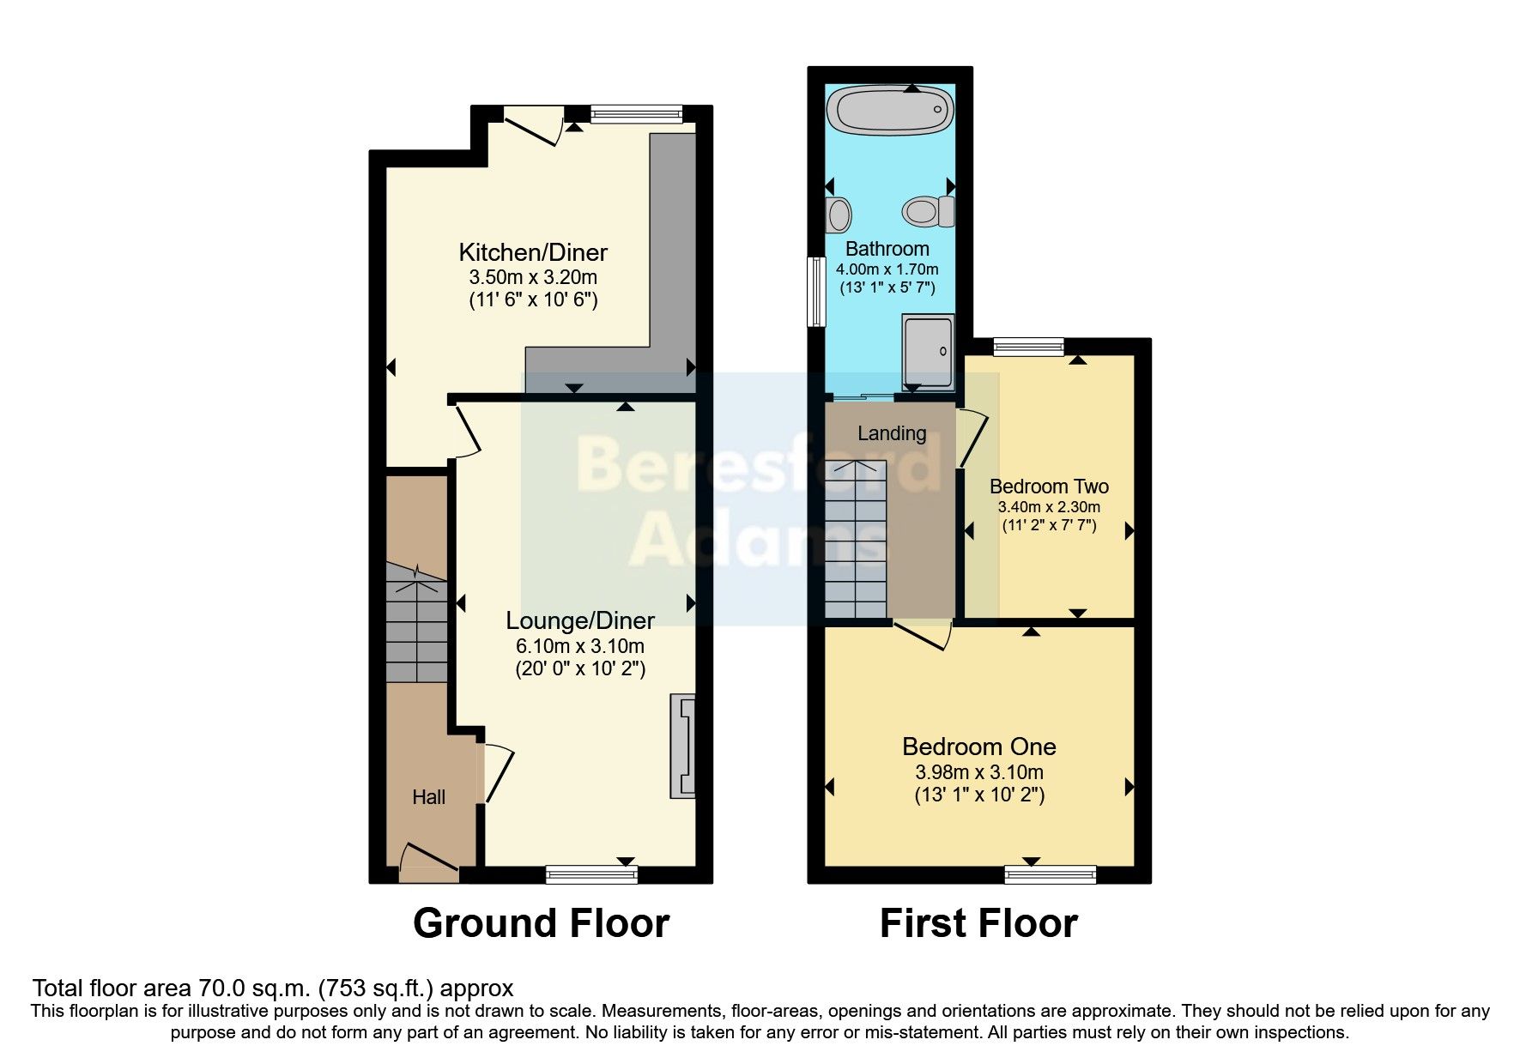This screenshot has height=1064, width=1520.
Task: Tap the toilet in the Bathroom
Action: (x=928, y=211)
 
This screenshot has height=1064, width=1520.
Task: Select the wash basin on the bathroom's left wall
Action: (x=839, y=215)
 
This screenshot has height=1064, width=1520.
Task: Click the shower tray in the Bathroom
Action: (x=928, y=350)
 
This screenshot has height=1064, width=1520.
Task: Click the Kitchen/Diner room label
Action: (x=533, y=252)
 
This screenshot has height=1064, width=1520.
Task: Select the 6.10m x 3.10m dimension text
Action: (x=580, y=646)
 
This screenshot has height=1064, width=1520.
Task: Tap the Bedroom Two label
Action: (x=1049, y=487)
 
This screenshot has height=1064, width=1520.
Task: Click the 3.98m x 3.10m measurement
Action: (x=979, y=771)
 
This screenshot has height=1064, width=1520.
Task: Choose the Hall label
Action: (x=428, y=797)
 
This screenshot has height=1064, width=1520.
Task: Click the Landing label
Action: (x=892, y=433)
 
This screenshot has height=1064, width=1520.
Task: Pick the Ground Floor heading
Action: (x=541, y=923)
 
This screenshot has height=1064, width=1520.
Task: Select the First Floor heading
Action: (x=978, y=923)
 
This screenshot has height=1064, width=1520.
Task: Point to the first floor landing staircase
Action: (x=856, y=541)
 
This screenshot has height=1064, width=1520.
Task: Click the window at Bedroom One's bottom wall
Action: (x=1051, y=874)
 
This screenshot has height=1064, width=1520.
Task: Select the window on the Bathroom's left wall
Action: (x=815, y=291)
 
